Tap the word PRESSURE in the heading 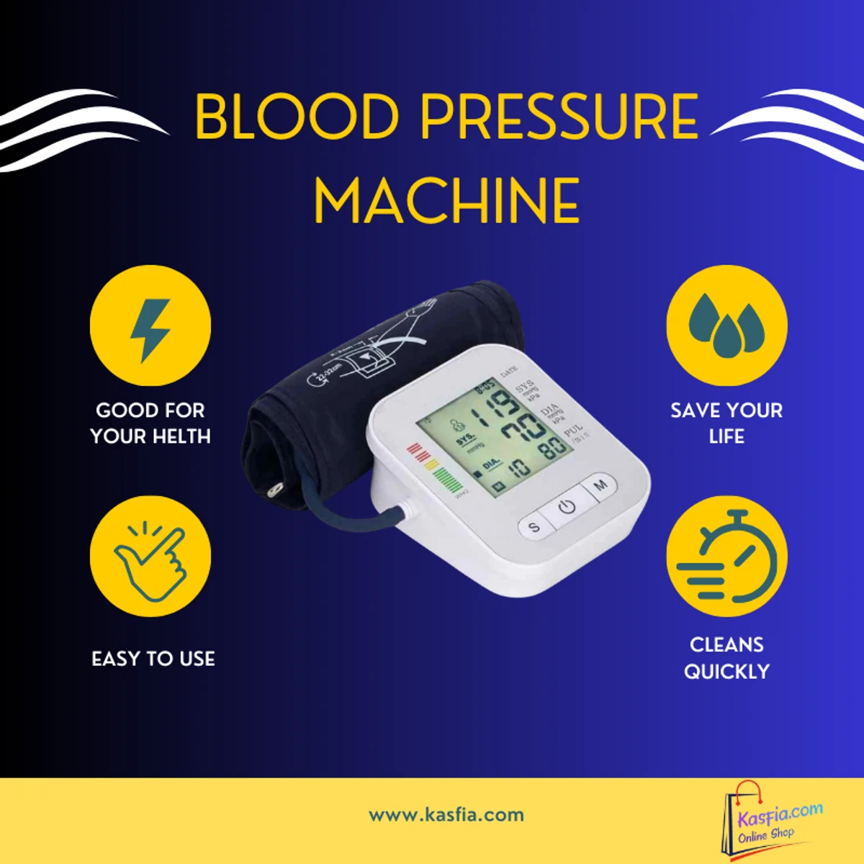559,117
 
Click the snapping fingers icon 150,556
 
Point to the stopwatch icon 726,556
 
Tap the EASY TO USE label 153,659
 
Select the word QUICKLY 726,672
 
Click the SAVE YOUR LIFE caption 726,423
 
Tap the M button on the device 600,485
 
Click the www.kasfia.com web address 446,815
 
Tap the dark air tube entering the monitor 360,515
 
